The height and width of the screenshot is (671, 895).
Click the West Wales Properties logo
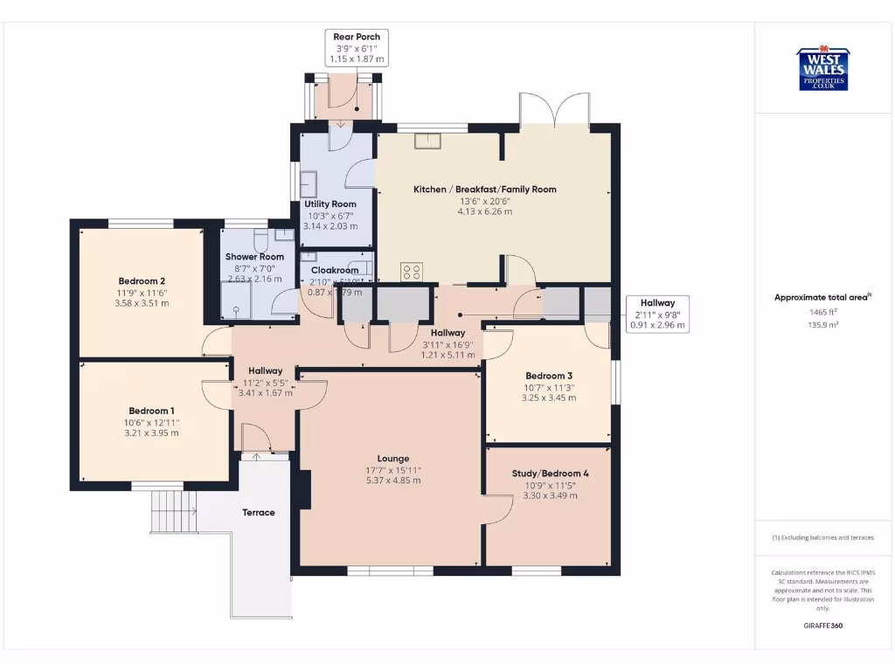[822, 69]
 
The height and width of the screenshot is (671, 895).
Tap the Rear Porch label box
[357, 48]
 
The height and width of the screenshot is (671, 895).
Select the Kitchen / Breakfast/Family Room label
[484, 189]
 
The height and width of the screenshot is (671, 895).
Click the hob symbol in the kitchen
[412, 272]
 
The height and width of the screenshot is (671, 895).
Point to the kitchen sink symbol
[428, 141]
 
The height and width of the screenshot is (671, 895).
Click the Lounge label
[392, 459]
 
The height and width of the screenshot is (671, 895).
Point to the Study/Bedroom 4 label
[550, 474]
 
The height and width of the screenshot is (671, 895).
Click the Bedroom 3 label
[549, 376]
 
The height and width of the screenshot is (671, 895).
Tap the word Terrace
[259, 512]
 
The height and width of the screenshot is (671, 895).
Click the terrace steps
[172, 510]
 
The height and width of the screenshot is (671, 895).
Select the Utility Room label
[330, 204]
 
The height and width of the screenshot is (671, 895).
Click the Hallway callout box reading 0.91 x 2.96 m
[657, 314]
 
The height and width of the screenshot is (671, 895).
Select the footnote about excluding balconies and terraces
[822, 537]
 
